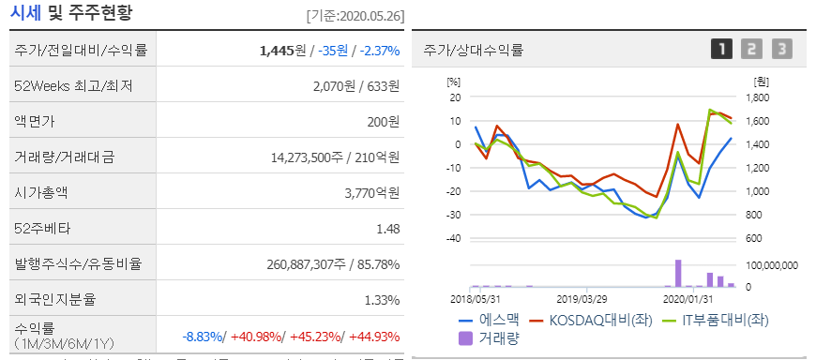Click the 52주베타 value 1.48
point(387,229)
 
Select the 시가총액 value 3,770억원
point(373,193)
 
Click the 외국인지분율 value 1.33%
point(381,300)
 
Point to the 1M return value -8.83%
point(204,337)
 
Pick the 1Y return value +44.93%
point(375,337)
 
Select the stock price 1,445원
point(281,50)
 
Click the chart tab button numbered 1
point(721,50)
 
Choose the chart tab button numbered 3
point(781,50)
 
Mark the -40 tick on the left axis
point(455,238)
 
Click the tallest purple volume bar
point(677,273)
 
